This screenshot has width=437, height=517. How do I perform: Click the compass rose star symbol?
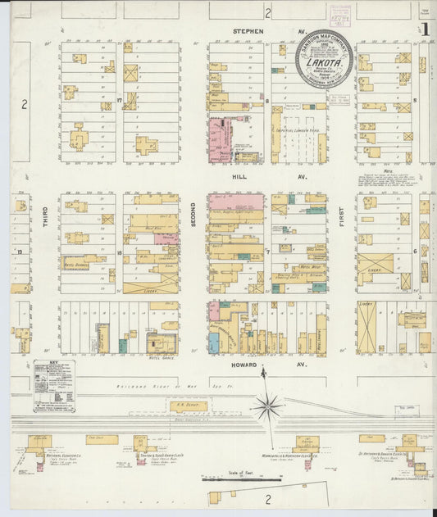pos(267,404)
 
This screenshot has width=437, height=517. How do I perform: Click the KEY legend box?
pos(54,385)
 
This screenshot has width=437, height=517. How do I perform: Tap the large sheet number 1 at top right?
pos(426,29)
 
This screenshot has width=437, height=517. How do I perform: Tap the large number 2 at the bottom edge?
pos(267,498)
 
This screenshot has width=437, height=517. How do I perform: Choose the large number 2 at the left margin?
pos(24,103)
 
